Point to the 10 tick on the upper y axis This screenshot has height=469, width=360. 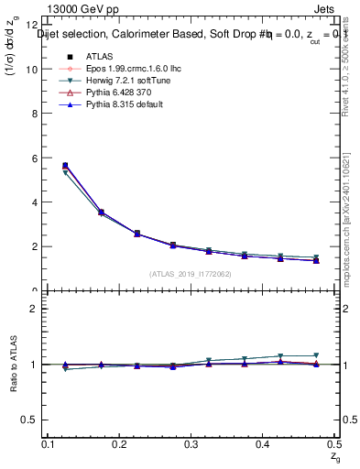click(x=34, y=70)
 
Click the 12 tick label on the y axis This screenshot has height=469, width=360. click(x=34, y=26)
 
